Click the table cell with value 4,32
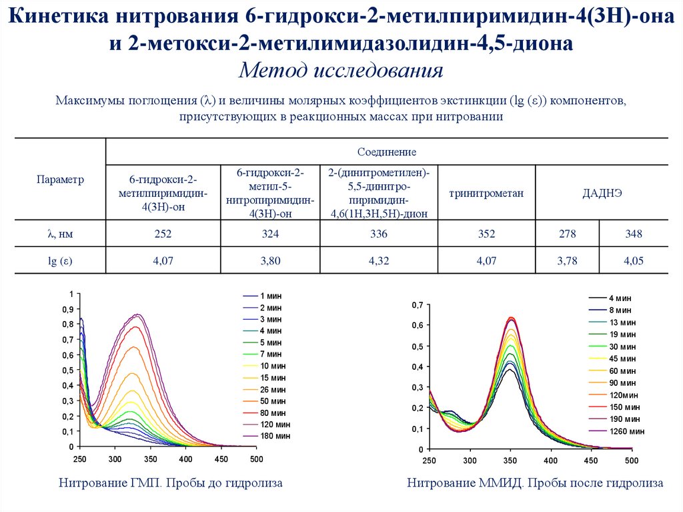(x=378, y=262)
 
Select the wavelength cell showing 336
(x=378, y=234)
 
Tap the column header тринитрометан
(x=486, y=194)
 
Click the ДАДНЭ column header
(x=602, y=194)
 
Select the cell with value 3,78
(x=568, y=262)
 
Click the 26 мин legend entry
(x=272, y=389)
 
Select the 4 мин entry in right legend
(x=619, y=298)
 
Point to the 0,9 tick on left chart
(x=67, y=310)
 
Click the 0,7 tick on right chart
(x=417, y=305)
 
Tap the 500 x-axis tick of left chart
(x=256, y=459)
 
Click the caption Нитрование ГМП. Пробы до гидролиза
(x=171, y=483)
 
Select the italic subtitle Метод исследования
(x=341, y=70)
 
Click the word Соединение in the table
(x=387, y=152)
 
